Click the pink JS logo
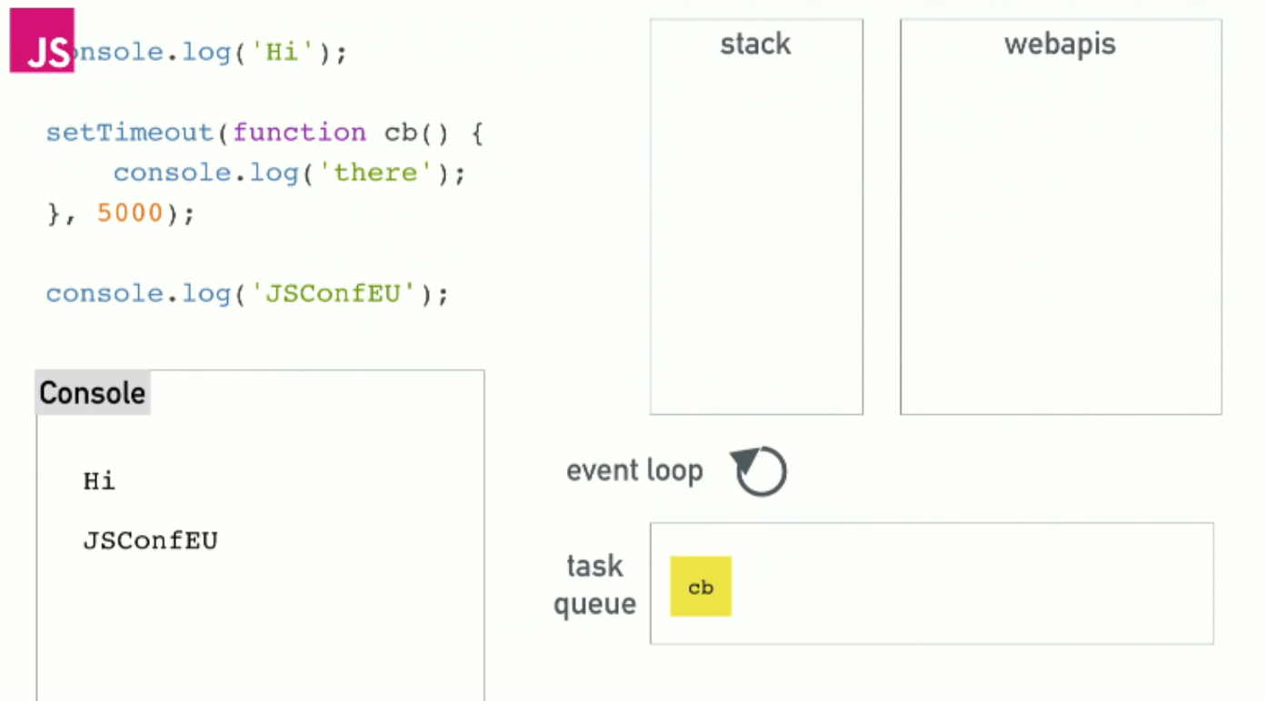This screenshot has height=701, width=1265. (x=42, y=41)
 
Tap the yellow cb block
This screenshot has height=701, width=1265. (x=701, y=587)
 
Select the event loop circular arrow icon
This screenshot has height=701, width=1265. (x=760, y=471)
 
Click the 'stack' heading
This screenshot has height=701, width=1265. (x=755, y=44)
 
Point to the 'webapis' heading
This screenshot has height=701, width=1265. (x=1060, y=44)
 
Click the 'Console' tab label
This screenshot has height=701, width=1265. (x=92, y=393)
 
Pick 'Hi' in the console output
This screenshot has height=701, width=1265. (x=99, y=480)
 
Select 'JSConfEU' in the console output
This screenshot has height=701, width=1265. (x=150, y=541)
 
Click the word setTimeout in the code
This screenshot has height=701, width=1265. (x=129, y=133)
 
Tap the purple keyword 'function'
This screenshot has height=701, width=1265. (x=300, y=133)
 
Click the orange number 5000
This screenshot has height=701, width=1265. (x=130, y=213)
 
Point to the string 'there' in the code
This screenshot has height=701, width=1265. (x=374, y=173)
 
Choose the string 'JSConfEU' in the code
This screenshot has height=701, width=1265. (x=334, y=294)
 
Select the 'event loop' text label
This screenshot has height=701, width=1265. (x=634, y=470)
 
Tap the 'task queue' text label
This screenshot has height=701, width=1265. (x=594, y=584)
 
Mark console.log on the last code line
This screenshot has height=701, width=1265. (x=138, y=294)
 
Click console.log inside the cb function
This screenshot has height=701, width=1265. (x=205, y=173)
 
